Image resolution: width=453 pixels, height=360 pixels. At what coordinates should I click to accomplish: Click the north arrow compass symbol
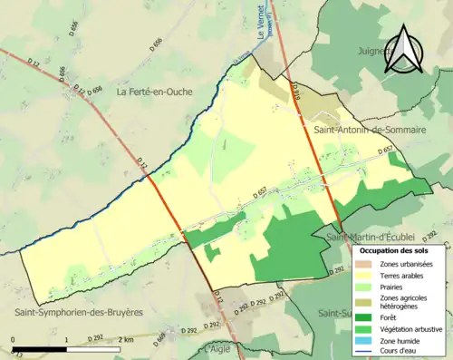[x=404, y=50]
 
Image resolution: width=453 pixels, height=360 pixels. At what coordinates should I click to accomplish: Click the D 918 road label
[x=296, y=88]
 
